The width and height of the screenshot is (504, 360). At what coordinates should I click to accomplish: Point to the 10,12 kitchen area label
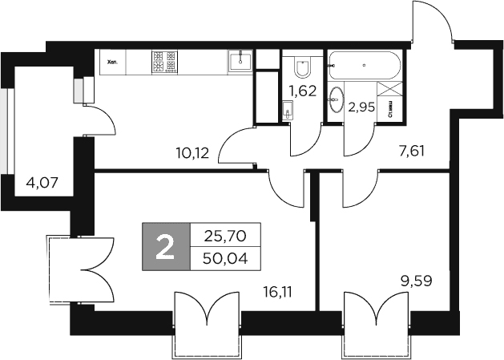click(193, 152)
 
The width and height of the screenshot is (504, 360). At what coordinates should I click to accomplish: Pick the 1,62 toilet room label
click(303, 91)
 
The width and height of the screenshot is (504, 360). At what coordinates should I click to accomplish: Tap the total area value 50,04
click(225, 259)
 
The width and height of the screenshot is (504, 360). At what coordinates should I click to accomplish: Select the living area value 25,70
click(225, 236)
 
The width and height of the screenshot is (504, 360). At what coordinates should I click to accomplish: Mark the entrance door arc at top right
click(433, 24)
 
